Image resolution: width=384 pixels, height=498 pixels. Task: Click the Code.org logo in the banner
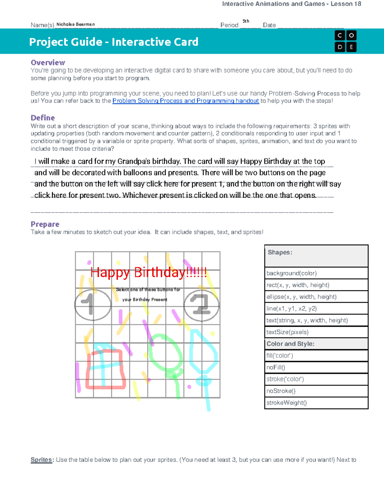click(x=345, y=41)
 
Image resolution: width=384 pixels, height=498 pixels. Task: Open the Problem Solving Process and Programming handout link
click(x=186, y=101)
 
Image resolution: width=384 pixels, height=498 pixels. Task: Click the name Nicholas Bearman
click(x=76, y=24)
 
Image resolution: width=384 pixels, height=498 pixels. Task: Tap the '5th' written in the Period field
click(x=246, y=21)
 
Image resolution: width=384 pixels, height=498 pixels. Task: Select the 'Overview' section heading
click(x=48, y=63)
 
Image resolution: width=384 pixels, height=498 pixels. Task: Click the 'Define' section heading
click(x=43, y=118)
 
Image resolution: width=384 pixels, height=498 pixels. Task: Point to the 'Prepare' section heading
click(x=45, y=224)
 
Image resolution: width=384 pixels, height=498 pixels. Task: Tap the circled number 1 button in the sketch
click(x=92, y=305)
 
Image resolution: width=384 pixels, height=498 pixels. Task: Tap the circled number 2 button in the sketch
click(x=201, y=305)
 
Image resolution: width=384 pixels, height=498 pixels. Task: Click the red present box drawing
click(x=105, y=369)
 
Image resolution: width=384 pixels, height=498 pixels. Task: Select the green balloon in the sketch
click(x=165, y=353)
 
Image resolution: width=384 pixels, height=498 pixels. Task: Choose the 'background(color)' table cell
click(x=316, y=273)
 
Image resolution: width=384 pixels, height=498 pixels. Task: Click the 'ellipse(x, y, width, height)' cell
click(x=316, y=297)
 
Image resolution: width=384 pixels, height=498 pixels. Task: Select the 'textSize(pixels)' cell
click(x=316, y=332)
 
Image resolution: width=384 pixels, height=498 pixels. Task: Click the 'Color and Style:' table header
click(x=316, y=344)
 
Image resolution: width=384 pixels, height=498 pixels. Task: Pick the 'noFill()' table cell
click(x=316, y=367)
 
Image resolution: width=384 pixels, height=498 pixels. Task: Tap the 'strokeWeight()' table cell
click(x=316, y=403)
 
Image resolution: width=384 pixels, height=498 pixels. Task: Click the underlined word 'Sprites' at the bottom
click(x=41, y=460)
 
